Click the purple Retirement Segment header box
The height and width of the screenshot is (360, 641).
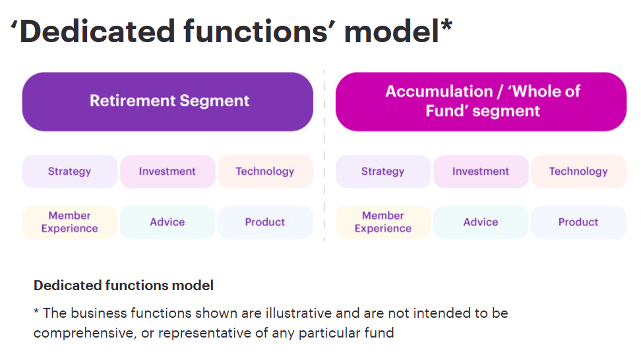(x=168, y=102)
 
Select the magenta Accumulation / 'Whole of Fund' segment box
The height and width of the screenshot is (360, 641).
(x=481, y=102)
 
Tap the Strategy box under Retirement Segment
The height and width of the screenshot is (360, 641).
(x=70, y=171)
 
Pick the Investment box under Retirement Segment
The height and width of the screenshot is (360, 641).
(x=168, y=171)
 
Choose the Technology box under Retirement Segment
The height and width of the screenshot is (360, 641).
(x=265, y=171)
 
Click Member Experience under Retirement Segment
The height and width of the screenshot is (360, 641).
(x=70, y=222)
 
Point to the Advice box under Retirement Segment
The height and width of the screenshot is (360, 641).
(x=168, y=222)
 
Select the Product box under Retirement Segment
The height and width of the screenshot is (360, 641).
(x=265, y=222)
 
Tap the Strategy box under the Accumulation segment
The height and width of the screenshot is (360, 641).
(x=383, y=171)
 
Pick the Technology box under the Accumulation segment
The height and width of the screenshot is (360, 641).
(x=579, y=171)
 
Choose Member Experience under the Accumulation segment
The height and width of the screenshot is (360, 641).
(x=383, y=222)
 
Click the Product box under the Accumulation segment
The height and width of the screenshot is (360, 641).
(x=579, y=222)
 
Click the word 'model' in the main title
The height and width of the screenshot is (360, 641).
(x=392, y=31)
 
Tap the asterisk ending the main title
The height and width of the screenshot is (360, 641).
(x=446, y=25)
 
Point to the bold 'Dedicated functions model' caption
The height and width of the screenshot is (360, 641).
(x=123, y=285)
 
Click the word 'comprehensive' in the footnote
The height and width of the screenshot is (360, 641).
(x=84, y=334)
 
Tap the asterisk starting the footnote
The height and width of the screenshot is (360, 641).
(x=36, y=311)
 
